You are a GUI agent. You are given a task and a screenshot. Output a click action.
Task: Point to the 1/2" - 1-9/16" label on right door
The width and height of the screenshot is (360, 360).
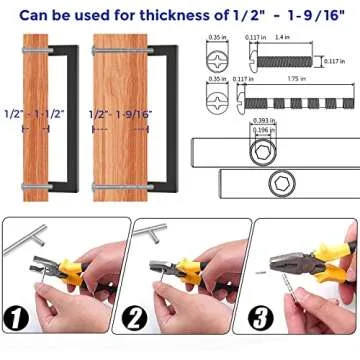pos(118,143)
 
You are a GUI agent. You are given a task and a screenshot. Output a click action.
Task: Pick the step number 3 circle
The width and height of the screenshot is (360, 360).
pos(258,320)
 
